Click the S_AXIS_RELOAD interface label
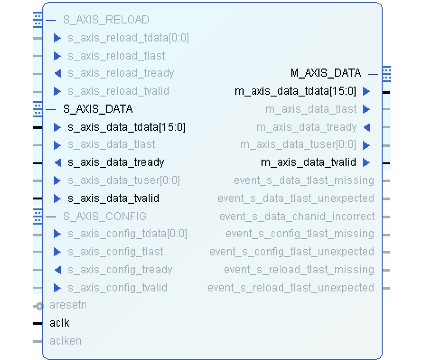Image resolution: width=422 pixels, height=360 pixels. tap(106, 20)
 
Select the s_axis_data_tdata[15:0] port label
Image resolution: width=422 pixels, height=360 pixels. tap(127, 127)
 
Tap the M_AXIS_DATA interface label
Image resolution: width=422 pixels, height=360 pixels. tap(326, 73)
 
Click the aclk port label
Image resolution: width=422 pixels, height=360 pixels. tap(60, 323)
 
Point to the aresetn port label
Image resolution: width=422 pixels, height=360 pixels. tap(68, 305)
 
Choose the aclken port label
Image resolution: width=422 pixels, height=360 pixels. tap(66, 341)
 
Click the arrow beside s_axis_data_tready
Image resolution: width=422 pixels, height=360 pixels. tap(58, 163)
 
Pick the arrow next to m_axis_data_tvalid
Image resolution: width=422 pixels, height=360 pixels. tap(366, 163)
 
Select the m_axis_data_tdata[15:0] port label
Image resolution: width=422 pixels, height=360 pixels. tap(295, 91)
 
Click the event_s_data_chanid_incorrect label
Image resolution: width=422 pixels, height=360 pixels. tap(297, 216)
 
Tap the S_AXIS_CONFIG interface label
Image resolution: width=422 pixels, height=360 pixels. tap(105, 216)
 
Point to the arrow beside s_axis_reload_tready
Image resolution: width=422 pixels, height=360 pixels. tap(58, 73)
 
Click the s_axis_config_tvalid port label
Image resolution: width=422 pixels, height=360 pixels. tap(117, 288)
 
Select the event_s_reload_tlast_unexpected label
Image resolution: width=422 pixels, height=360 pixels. tap(291, 288)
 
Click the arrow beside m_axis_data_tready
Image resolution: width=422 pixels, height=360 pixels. tap(367, 127)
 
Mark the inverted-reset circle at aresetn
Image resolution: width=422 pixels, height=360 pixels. tap(39, 306)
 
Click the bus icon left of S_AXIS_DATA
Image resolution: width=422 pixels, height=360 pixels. tap(38, 109)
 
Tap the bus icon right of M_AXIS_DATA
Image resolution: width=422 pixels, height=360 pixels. tap(386, 74)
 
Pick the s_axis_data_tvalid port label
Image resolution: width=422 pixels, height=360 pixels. tap(113, 199)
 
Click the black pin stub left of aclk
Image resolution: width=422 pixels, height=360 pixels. tap(38, 323)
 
